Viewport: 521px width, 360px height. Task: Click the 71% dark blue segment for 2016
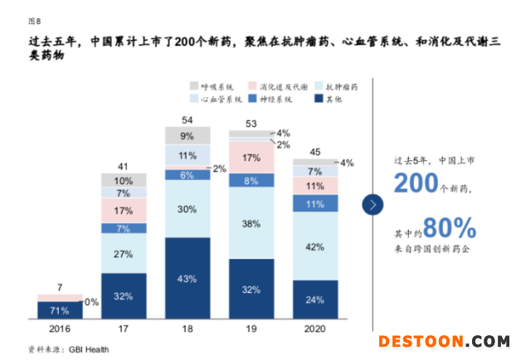coord(59,310)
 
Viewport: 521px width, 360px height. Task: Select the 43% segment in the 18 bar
coord(187,278)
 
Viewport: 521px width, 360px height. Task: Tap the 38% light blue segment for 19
coord(251,223)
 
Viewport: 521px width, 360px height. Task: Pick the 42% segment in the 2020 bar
coord(314,246)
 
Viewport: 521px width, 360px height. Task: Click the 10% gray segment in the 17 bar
coord(123,180)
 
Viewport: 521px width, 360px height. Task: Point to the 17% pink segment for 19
coord(251,158)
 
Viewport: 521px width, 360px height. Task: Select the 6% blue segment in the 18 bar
coord(187,174)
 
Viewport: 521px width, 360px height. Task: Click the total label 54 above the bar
coord(187,119)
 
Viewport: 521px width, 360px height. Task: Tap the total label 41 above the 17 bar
coord(123,165)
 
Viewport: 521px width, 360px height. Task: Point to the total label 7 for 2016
coord(59,287)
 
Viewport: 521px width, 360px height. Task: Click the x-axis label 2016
coord(59,328)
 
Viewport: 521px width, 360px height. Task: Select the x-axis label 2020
coord(314,328)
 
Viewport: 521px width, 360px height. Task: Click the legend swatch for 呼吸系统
coord(194,85)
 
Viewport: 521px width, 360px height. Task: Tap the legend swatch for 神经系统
coord(250,100)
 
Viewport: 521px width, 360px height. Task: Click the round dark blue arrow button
coord(375,203)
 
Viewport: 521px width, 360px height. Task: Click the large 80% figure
coord(450,227)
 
